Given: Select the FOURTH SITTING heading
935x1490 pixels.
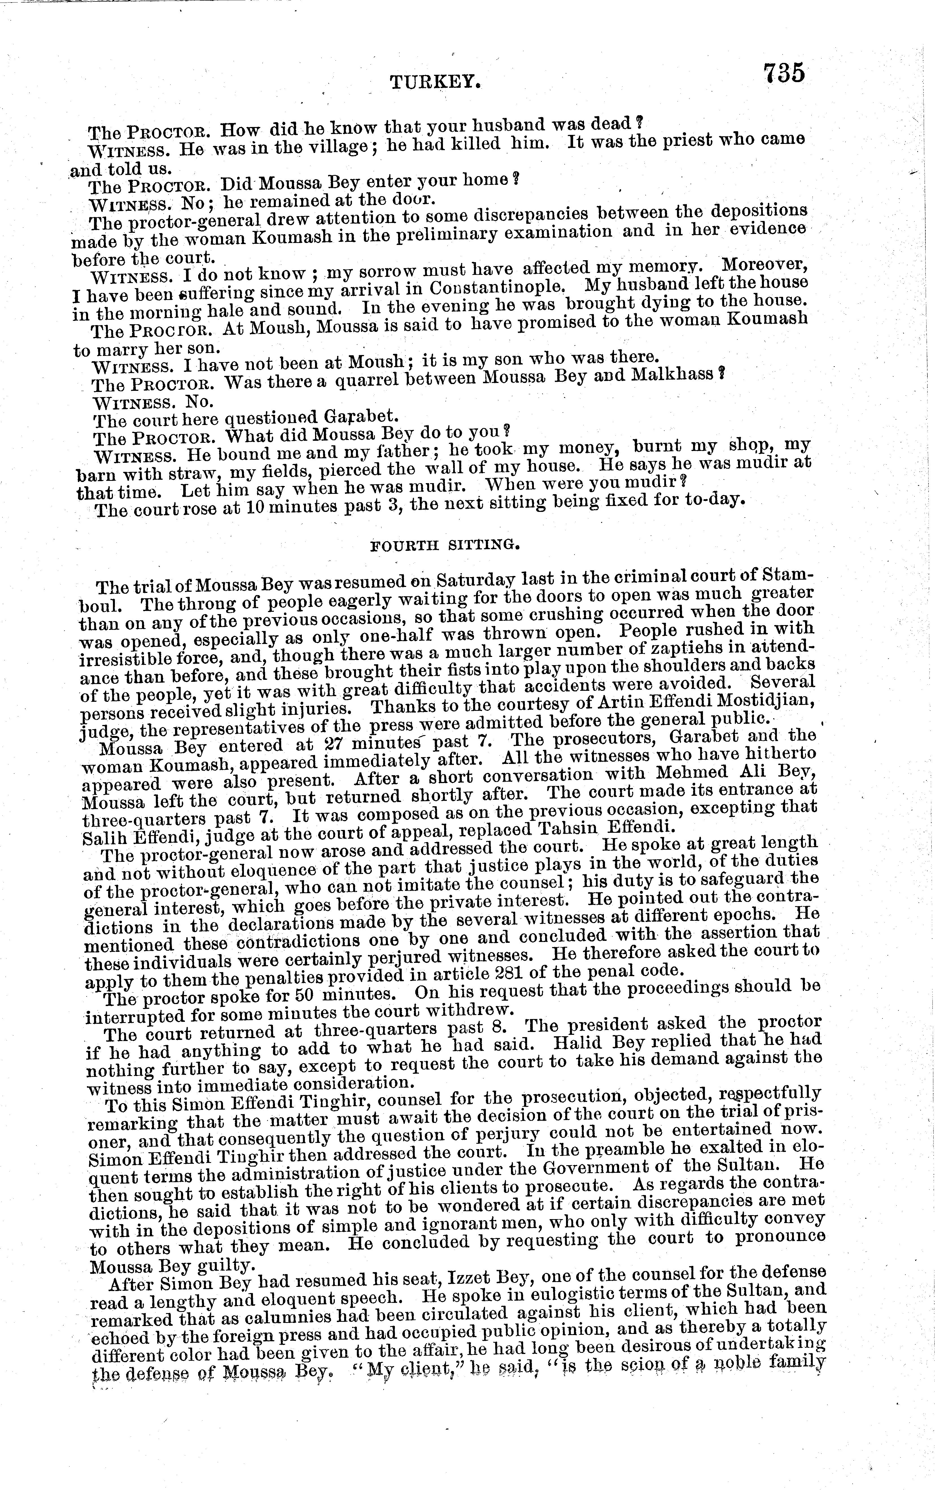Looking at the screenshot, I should coord(444,544).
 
